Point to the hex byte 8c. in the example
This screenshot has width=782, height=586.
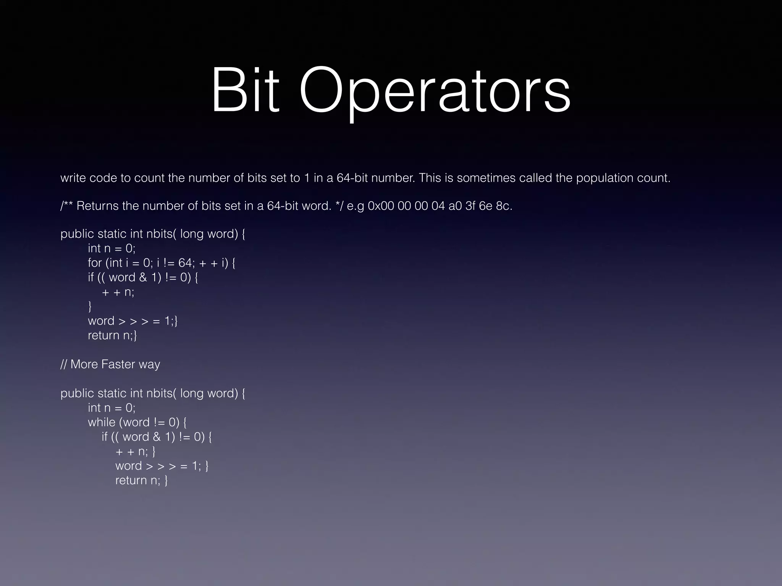(x=504, y=206)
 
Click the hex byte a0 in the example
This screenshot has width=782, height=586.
(x=455, y=206)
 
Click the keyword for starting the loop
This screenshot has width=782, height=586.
(x=95, y=263)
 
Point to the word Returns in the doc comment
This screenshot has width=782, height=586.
(x=98, y=206)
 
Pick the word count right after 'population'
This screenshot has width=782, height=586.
(x=653, y=178)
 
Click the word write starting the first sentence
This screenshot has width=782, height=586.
(x=73, y=178)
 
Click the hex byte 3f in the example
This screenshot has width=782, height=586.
(x=471, y=206)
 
